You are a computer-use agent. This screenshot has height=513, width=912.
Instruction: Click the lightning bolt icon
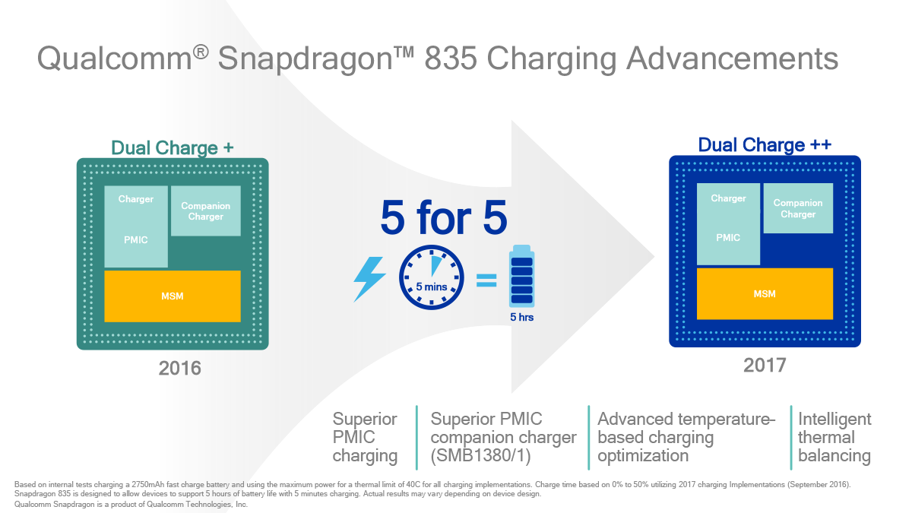click(369, 280)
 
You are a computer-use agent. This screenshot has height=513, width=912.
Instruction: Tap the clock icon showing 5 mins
click(431, 277)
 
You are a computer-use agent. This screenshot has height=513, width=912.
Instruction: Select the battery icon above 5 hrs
click(521, 276)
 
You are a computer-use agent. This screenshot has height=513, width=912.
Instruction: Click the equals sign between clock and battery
click(486, 280)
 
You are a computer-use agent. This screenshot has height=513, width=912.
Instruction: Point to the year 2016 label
click(179, 368)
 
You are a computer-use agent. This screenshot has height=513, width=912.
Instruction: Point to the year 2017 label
click(765, 366)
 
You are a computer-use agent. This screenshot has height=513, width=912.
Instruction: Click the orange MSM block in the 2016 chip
click(173, 296)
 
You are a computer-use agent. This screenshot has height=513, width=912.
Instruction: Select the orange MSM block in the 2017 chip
click(765, 293)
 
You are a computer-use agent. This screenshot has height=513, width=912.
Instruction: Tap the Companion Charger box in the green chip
click(206, 211)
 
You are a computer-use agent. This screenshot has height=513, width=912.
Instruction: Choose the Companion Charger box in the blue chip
click(798, 208)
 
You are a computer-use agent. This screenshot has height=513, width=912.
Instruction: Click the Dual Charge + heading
click(173, 147)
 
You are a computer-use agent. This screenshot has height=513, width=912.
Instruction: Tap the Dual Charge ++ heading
click(765, 145)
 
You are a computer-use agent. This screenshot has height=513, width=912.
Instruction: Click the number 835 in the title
click(450, 59)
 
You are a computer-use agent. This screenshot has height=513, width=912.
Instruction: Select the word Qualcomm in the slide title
click(115, 59)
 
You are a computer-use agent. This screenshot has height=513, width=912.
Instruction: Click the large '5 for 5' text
click(444, 217)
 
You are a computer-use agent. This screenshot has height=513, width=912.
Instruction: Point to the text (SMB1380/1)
click(480, 455)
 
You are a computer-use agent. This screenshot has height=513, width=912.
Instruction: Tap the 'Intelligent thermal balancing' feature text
click(834, 437)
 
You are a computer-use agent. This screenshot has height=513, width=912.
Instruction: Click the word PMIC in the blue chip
click(728, 237)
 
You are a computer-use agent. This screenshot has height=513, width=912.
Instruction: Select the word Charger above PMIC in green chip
click(135, 199)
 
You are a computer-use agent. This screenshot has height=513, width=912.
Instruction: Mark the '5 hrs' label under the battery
click(521, 317)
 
